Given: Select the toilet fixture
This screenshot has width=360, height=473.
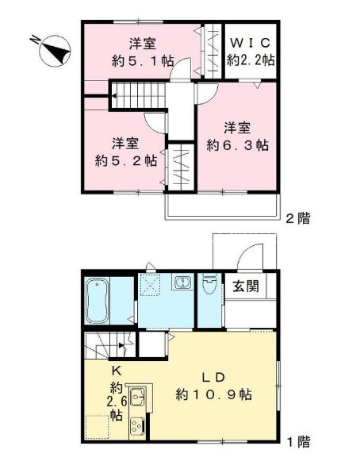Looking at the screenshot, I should click(210, 284).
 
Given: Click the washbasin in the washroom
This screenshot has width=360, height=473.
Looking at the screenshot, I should click(182, 283).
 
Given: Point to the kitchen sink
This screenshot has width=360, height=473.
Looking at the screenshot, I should click(136, 396).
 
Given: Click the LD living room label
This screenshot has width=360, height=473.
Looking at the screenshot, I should click(213, 375).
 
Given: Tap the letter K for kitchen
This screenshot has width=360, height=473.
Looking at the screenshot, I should click(114, 371).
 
